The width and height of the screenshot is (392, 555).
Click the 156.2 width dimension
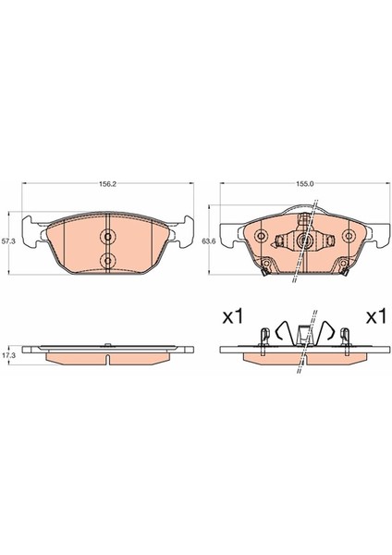108,184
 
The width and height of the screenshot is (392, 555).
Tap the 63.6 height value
207,241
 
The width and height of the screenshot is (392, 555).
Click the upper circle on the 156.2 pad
108,237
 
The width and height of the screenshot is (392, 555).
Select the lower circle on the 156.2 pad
108,260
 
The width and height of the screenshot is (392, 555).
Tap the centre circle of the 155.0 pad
303,240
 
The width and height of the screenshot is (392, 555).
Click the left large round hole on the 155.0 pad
262,236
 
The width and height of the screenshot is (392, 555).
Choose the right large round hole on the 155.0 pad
349,236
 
